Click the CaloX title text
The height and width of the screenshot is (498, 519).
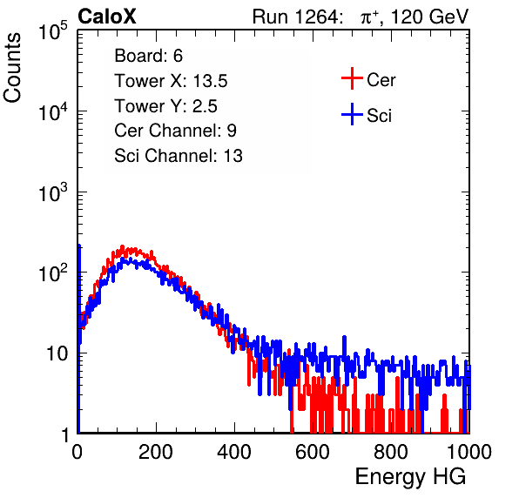107,17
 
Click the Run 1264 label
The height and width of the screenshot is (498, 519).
295,17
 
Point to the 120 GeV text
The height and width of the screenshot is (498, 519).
429,17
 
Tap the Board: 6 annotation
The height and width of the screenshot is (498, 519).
149,56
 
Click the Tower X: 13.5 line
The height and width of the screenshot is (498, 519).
171,81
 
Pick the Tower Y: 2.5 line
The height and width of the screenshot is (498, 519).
165,106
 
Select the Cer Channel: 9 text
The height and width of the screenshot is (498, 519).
175,131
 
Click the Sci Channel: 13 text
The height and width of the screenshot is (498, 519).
179,156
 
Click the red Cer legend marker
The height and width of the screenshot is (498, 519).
352,78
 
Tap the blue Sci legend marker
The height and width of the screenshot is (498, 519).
352,114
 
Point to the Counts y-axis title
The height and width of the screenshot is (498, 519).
12,67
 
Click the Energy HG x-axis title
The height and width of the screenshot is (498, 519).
411,477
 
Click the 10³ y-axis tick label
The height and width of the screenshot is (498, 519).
53,192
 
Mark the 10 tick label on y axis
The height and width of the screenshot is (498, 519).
57,353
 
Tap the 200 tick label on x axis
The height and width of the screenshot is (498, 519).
156,452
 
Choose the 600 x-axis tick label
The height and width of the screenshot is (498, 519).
313,452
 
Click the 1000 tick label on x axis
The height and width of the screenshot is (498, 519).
469,452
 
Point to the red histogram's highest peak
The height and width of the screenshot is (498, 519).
122,246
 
